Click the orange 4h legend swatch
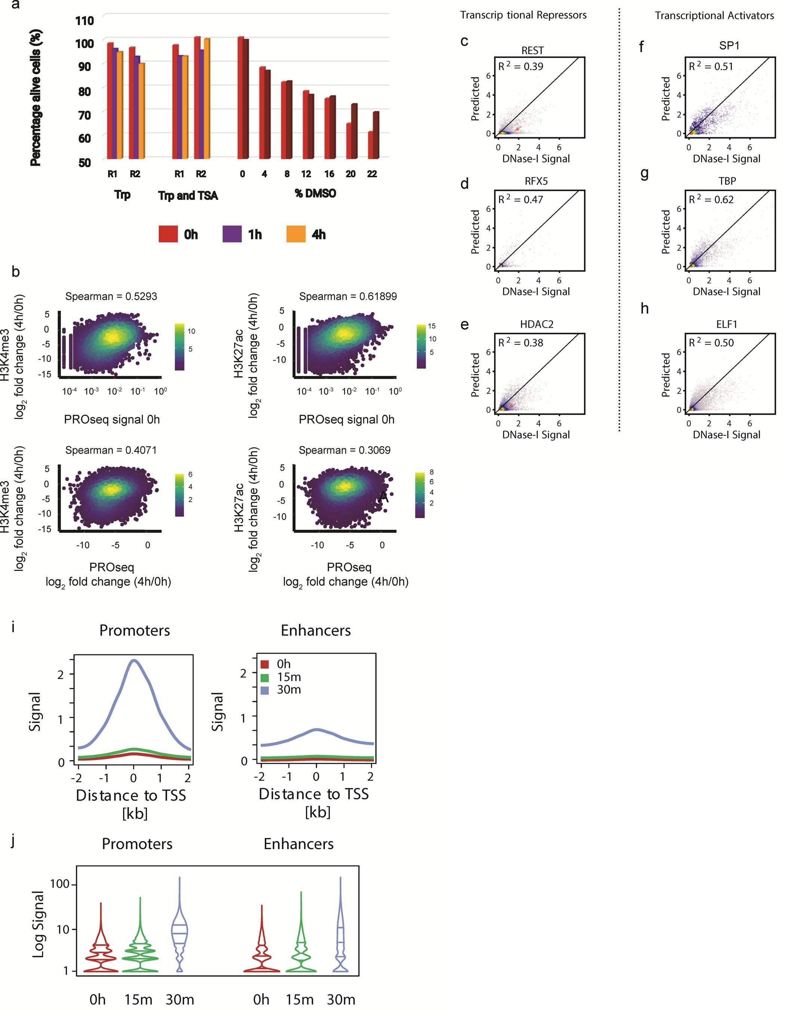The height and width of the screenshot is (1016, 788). point(295,234)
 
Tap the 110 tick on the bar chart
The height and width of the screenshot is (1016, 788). point(85,21)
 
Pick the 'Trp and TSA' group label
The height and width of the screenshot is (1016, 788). point(188,195)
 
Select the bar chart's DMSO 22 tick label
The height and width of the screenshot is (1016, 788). point(372,174)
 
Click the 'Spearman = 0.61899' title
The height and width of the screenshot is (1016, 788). point(347,296)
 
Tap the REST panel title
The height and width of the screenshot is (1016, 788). point(532,50)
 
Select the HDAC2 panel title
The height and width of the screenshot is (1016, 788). point(536,324)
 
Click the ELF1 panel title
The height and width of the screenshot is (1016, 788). point(727,324)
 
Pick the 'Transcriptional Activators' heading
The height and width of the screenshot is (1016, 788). point(714,15)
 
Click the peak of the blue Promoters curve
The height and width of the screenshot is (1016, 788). point(134,660)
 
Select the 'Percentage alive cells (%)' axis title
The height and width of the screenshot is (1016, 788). point(36,98)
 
